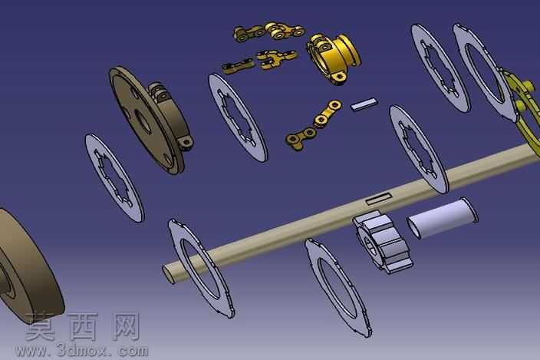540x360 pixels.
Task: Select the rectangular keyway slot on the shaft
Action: pyautogui.click(x=379, y=199)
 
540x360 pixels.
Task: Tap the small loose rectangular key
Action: pyautogui.click(x=364, y=104)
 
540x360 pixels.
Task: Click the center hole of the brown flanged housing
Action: pyautogui.click(x=142, y=121)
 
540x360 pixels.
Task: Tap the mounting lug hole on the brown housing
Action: pyautogui.click(x=186, y=141)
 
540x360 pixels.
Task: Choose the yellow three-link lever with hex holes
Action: pyautogui.click(x=314, y=124)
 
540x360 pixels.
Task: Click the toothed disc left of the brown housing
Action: pyautogui.click(x=114, y=177)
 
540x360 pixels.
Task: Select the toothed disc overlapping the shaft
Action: pyautogui.click(x=419, y=149)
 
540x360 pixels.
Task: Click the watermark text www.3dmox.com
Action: pyautogui.click(x=81, y=351)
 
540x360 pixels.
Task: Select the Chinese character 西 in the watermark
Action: pyautogui.click(x=83, y=326)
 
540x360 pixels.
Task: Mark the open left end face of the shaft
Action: pyautogui.click(x=169, y=274)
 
